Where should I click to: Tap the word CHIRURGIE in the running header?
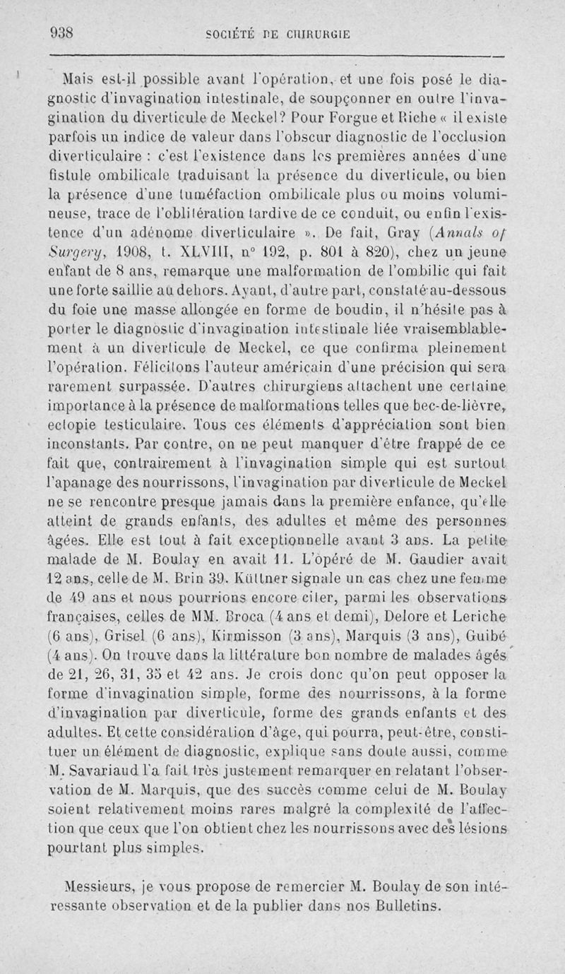tap(322, 33)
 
